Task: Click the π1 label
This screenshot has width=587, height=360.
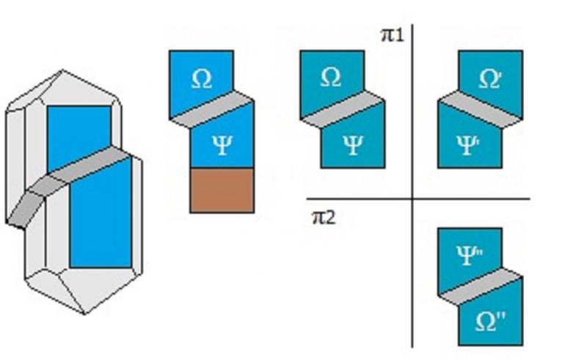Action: [x=393, y=35]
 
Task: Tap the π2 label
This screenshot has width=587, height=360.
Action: [x=324, y=218]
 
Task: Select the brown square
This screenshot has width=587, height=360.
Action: [x=222, y=191]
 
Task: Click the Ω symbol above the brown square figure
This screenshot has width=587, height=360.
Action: [x=202, y=79]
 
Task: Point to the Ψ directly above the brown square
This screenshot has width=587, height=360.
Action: [x=222, y=145]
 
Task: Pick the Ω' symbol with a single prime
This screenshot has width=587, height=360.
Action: [x=490, y=79]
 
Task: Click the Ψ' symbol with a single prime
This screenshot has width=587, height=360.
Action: [x=469, y=145]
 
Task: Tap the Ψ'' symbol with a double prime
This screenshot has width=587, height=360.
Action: [x=470, y=255]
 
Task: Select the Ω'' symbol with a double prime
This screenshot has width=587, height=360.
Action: [x=490, y=322]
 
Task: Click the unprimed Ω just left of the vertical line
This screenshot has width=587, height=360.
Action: [x=331, y=78]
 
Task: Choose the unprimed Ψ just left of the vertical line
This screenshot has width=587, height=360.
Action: [x=353, y=145]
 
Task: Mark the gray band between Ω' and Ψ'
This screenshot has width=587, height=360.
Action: [x=481, y=110]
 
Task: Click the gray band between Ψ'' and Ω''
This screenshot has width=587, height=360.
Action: [x=481, y=287]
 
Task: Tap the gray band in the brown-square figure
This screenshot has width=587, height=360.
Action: [x=211, y=110]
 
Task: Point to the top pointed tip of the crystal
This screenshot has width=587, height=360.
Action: [x=62, y=70]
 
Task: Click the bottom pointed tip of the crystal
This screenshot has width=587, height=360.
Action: [x=84, y=314]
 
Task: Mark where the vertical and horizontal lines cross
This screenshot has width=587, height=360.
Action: [x=412, y=199]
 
